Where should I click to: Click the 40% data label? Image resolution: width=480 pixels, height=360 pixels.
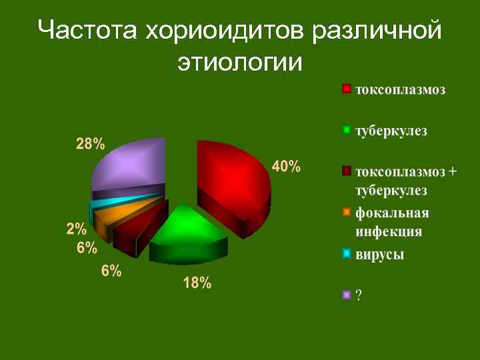point(286,167)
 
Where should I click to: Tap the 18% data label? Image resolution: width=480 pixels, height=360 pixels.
point(197,283)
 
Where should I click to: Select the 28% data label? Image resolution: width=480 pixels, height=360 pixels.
point(90,144)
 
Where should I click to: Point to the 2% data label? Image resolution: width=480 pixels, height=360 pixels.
point(77,229)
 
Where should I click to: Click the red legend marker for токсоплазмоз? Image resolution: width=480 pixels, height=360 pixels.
point(347,89)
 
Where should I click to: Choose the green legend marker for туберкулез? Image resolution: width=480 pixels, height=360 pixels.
point(347,130)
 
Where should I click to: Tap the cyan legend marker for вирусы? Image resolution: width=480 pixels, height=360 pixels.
point(347,254)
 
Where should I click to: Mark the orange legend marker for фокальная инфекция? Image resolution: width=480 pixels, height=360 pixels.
point(347,213)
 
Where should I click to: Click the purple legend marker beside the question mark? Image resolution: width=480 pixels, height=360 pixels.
point(347,295)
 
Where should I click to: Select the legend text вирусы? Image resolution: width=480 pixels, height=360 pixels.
point(380,254)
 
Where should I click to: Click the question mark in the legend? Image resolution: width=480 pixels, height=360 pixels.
point(359,295)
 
